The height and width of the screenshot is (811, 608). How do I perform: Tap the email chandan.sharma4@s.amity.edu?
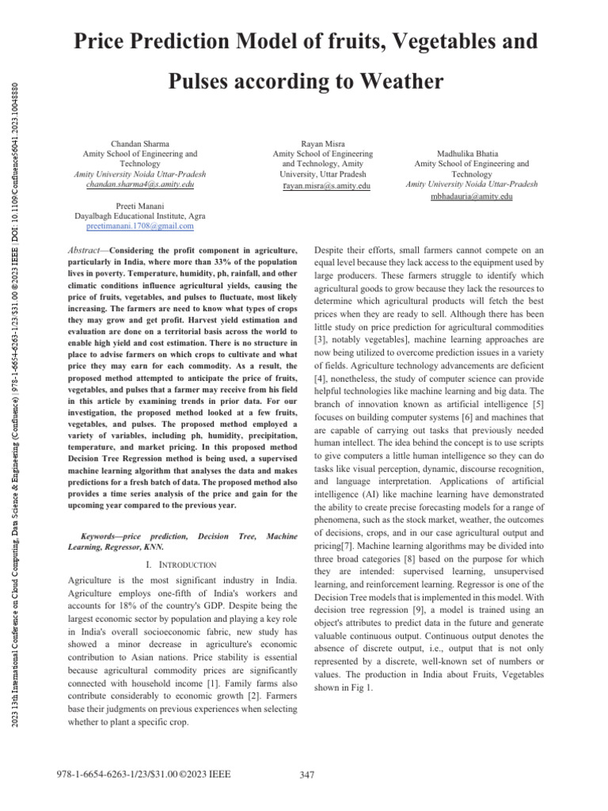(140, 184)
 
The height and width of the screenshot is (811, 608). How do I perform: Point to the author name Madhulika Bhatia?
(472, 153)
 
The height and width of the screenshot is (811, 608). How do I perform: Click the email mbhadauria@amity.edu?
(471, 196)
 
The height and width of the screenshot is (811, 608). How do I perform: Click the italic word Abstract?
(84, 250)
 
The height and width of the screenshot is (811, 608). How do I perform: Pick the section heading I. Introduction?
(181, 564)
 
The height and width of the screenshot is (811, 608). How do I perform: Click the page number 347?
(309, 775)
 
